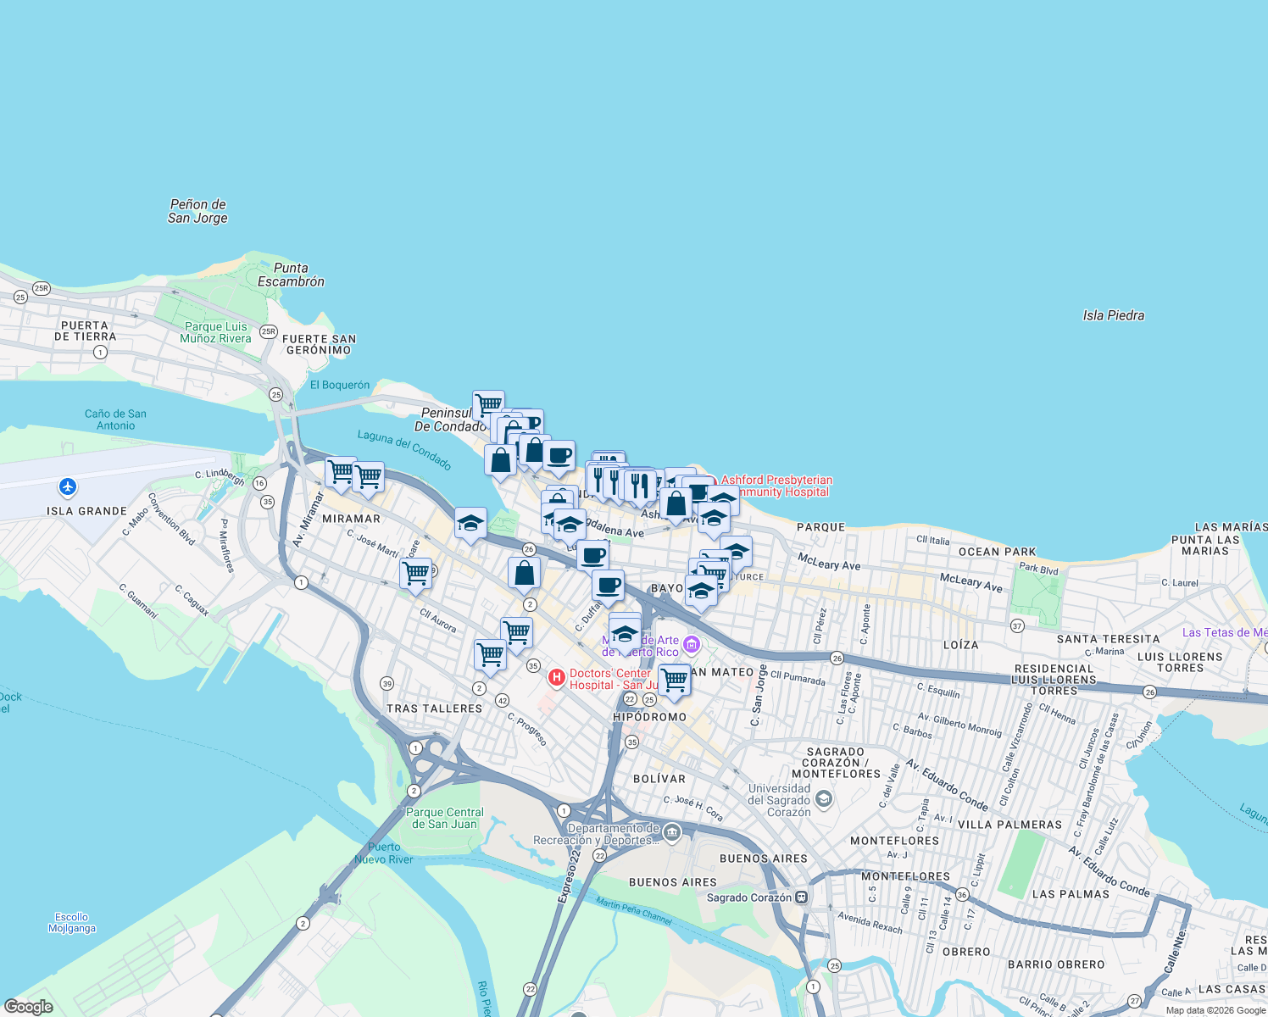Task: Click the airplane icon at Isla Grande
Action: (x=68, y=486)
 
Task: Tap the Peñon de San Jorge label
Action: (x=197, y=211)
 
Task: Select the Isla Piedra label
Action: (x=1113, y=315)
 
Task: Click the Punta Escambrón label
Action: (x=291, y=275)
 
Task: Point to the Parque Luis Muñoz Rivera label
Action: (x=215, y=332)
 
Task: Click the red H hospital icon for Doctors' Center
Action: (x=556, y=677)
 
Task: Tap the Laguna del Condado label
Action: (x=404, y=449)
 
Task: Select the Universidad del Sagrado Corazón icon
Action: (x=823, y=799)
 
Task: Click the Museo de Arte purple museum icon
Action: (x=692, y=646)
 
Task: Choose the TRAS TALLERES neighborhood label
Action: (x=434, y=709)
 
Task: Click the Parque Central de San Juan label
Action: (x=445, y=818)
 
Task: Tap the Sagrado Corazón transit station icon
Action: (x=801, y=898)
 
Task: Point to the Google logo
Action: (x=29, y=1007)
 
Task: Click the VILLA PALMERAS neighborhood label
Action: (x=1009, y=825)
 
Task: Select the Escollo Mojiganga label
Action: (x=72, y=922)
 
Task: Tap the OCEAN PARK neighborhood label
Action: (x=997, y=552)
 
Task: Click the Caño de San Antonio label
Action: (x=115, y=420)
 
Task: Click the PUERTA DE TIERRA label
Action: (x=85, y=331)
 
